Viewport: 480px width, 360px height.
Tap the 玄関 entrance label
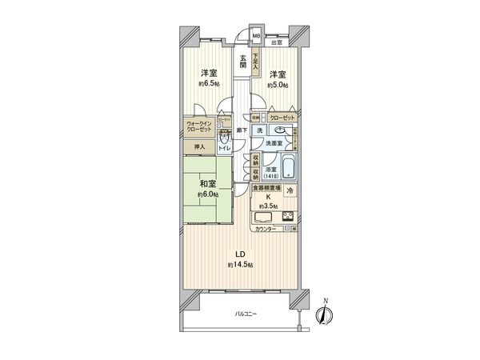point(242,61)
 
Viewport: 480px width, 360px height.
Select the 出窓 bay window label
point(276,42)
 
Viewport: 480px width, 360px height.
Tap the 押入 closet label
point(200,146)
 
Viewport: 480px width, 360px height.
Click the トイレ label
point(226,146)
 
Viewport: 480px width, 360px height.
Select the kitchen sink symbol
point(263,216)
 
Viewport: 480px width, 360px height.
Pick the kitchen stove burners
point(288,216)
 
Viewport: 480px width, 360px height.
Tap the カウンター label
point(266,230)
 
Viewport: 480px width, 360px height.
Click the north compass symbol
point(325,314)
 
